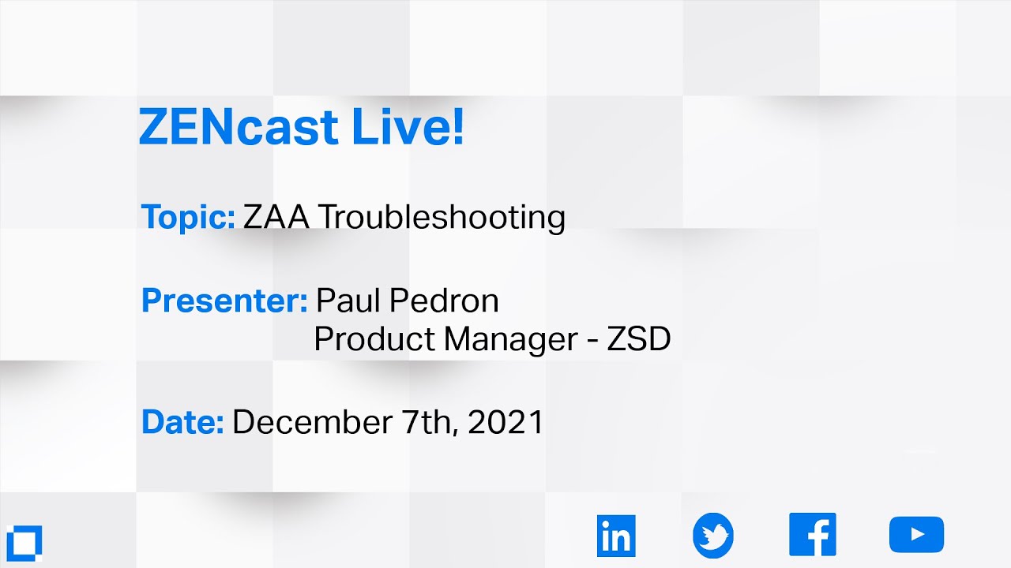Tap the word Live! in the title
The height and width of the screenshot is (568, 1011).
click(408, 127)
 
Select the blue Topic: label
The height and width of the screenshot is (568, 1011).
click(188, 217)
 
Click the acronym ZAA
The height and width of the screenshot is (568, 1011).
click(276, 217)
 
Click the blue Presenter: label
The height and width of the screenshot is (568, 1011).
click(224, 301)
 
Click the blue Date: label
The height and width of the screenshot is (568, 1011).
click(182, 422)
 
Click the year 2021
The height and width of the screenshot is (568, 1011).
click(506, 422)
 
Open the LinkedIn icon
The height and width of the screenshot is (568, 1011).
click(616, 536)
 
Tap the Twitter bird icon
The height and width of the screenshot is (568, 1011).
click(713, 536)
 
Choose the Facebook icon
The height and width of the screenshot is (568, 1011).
click(812, 535)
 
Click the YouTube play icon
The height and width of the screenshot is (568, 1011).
click(916, 535)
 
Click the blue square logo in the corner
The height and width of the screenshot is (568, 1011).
click(23, 541)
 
